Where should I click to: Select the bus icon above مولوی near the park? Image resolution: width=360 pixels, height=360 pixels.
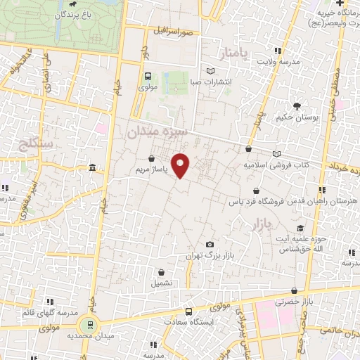pos(148,77)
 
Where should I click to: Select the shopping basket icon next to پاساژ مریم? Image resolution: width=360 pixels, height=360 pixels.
pos(153,159)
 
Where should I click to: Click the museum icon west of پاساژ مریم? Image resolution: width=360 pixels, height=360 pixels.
pos(94,167)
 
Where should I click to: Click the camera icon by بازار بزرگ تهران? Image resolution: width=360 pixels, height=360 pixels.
pos(209,244)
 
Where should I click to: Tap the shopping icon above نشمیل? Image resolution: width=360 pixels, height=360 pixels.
pos(162,272)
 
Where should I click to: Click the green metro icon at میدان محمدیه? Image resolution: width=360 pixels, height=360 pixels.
pos(89,325)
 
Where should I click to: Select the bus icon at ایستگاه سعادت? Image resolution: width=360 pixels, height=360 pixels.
pos(188,311)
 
